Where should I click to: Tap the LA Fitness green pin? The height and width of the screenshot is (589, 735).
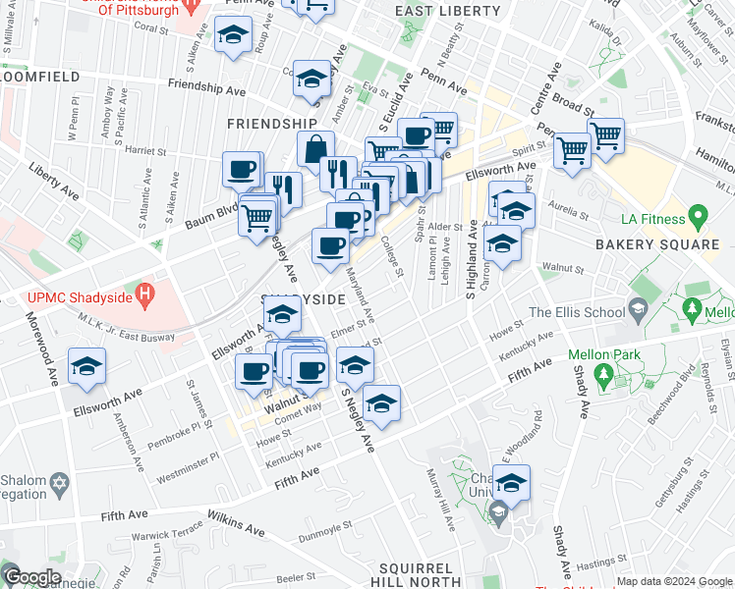(699, 214)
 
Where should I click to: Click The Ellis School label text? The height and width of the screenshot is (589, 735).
(576, 312)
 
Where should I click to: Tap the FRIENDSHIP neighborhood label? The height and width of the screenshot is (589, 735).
(271, 124)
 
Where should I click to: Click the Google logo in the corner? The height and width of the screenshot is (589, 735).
(31, 577)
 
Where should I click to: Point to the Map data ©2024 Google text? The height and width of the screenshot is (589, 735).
(674, 581)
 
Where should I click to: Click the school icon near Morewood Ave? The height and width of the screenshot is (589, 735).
(87, 367)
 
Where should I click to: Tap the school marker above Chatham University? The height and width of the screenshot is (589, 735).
(511, 483)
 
